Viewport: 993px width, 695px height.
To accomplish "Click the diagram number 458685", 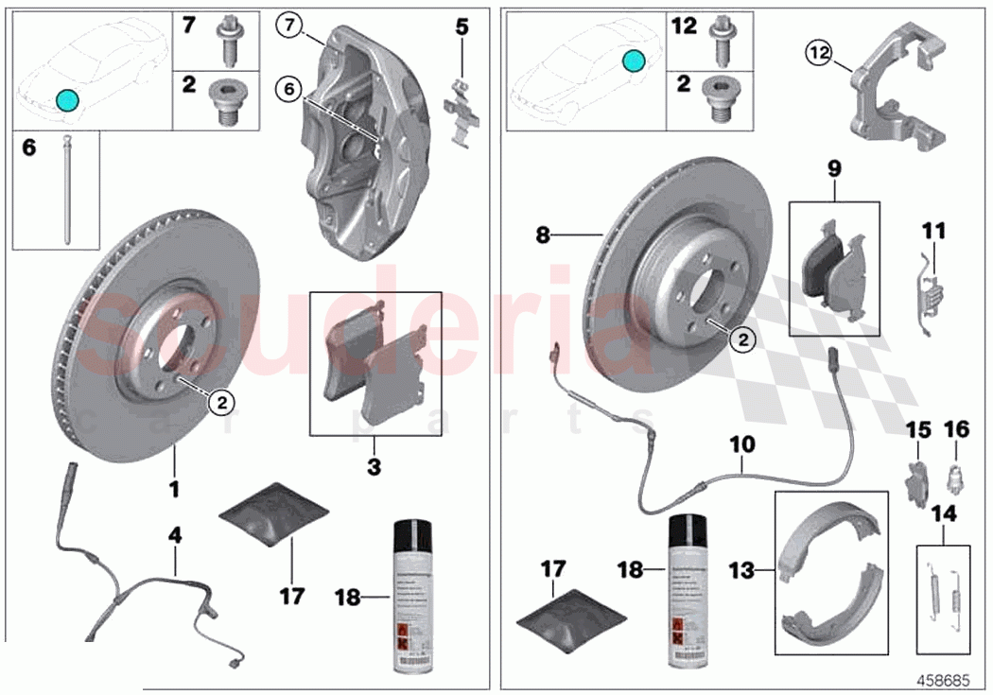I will click(948, 680).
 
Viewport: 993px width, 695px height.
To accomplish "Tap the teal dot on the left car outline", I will click(66, 99).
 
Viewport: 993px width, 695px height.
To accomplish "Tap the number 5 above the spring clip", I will click(462, 26).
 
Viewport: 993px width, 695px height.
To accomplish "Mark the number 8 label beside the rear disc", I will click(542, 235).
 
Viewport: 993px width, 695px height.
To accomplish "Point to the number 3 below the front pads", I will click(374, 466).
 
